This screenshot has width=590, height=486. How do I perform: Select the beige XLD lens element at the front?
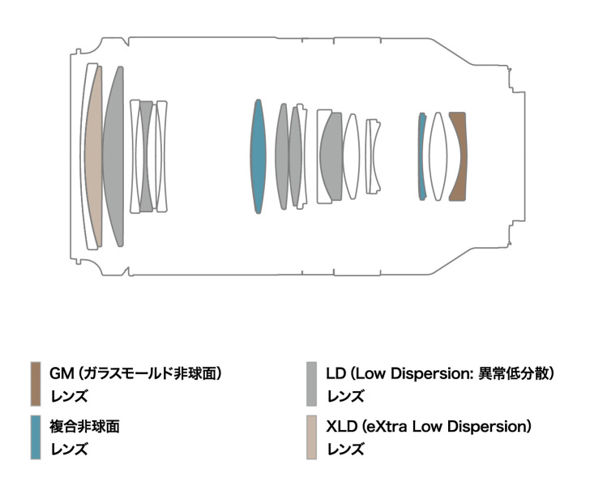click(x=94, y=156)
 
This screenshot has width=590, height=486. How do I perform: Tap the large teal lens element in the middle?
click(x=258, y=156)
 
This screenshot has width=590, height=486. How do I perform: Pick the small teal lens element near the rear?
click(x=421, y=156)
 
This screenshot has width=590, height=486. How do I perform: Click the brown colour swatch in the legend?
click(x=36, y=384)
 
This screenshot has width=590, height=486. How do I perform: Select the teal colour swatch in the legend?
click(x=36, y=437)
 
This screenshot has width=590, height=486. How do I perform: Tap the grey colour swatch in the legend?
click(x=311, y=384)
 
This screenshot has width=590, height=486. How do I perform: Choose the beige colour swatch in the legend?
click(x=311, y=437)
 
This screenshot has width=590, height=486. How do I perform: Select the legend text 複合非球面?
click(x=84, y=427)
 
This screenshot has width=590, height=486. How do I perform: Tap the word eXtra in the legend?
click(x=387, y=427)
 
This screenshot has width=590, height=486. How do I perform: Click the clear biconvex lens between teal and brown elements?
click(x=438, y=156)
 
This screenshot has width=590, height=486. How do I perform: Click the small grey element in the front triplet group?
click(x=147, y=156)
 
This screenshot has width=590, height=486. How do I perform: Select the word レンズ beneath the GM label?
click(x=69, y=396)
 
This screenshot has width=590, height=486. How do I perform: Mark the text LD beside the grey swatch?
click(x=336, y=373)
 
